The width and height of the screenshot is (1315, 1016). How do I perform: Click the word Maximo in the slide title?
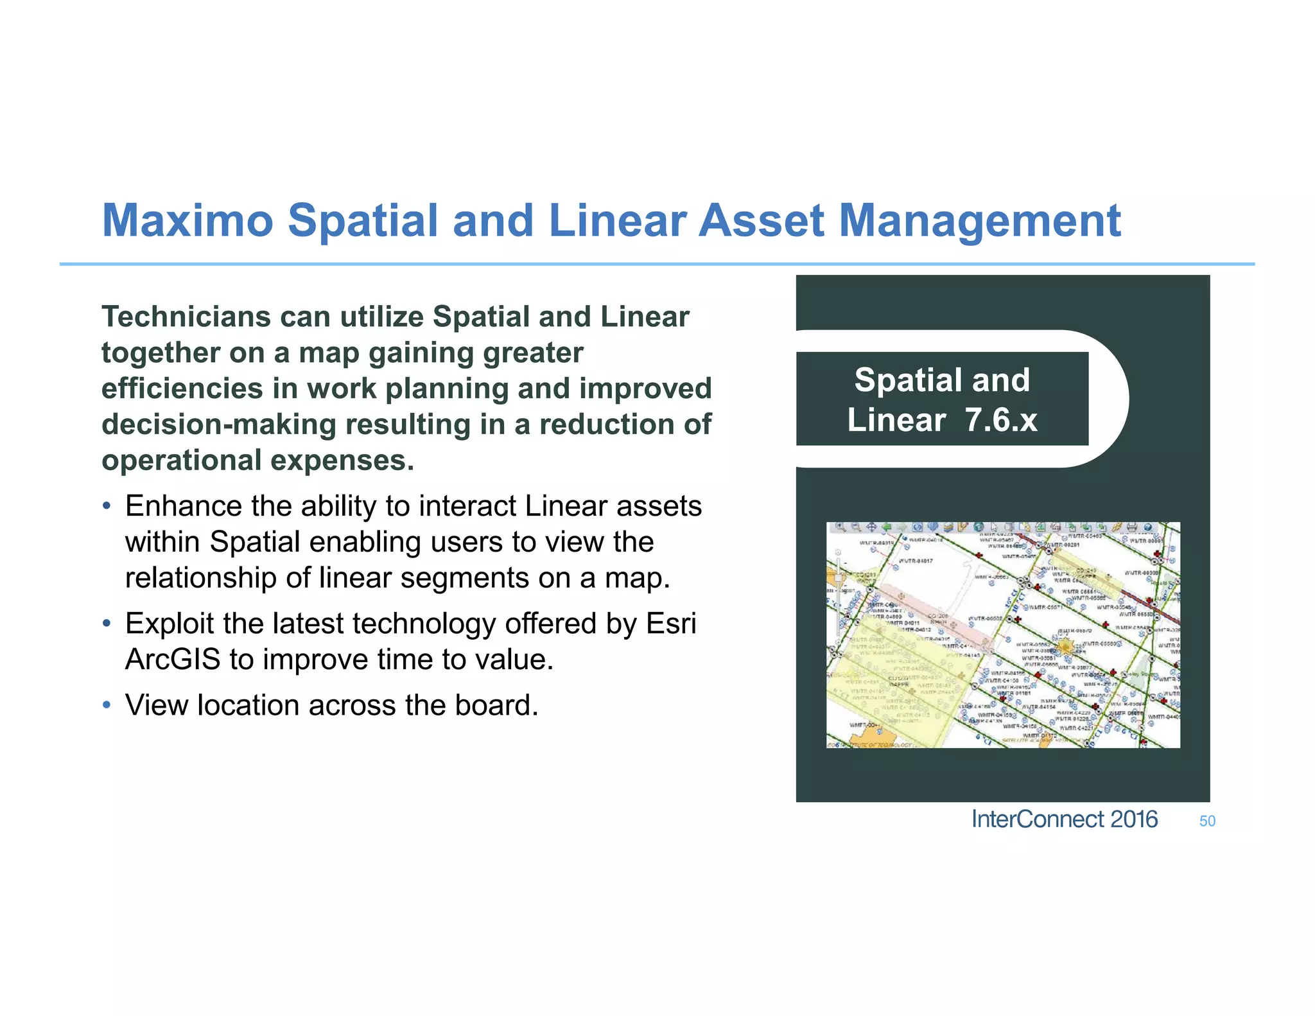[x=187, y=221]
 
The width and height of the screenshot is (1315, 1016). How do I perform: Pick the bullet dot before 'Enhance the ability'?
[x=107, y=506]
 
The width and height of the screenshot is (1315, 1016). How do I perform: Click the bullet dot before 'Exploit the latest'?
[x=107, y=624]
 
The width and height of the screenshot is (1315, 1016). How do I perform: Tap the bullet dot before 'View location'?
[x=107, y=705]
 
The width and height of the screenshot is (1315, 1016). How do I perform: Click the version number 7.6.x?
[x=1001, y=420]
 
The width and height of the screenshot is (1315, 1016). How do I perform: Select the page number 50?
[x=1207, y=821]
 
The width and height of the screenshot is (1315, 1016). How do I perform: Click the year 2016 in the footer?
[x=1134, y=819]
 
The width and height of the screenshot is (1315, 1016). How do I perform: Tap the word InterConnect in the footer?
[x=1038, y=819]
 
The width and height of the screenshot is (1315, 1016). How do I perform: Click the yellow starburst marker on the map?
[x=1065, y=646]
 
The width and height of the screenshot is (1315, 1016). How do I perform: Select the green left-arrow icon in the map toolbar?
[x=887, y=528]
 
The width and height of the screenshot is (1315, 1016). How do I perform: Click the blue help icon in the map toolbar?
[x=1148, y=528]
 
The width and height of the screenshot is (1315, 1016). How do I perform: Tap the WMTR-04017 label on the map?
[x=916, y=561]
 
